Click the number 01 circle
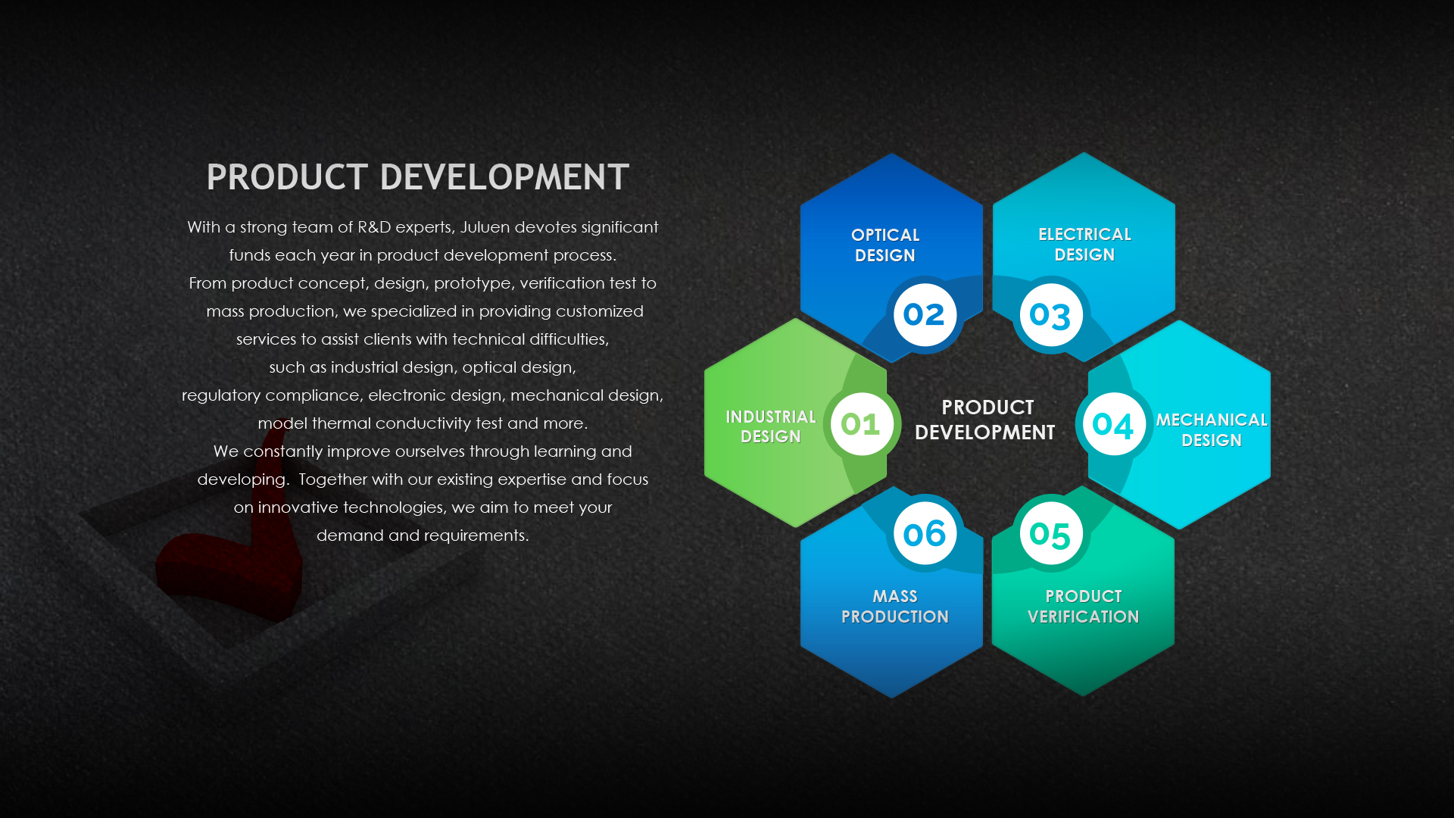[862, 424]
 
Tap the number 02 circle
[925, 314]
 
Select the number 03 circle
[1050, 314]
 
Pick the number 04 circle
[1113, 424]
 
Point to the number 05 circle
[1050, 533]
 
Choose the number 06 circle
[925, 533]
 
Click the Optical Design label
[885, 245]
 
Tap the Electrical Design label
[1084, 245]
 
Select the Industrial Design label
[770, 426]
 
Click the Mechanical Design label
[1211, 430]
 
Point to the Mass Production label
[894, 607]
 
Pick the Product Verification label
[1083, 607]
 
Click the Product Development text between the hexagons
[985, 420]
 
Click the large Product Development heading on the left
[417, 177]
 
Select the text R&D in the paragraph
[374, 227]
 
